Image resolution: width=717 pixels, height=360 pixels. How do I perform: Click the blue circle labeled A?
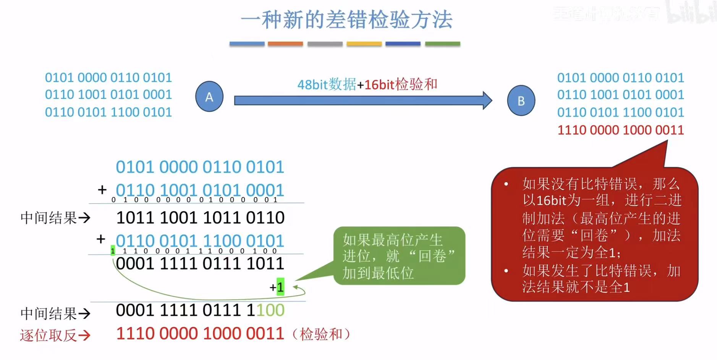[x=209, y=97]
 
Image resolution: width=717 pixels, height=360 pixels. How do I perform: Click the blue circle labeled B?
[x=521, y=101]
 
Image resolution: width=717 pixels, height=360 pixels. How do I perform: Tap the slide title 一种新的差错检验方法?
[x=346, y=20]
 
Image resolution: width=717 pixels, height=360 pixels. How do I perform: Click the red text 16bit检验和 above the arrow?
[x=401, y=84]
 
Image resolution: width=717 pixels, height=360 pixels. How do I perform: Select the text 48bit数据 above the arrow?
[x=327, y=84]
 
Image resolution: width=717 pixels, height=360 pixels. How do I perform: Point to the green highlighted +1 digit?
[x=280, y=287]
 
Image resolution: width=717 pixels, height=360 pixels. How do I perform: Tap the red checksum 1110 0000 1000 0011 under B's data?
[x=620, y=130]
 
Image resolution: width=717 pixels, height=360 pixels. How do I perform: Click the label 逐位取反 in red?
[x=49, y=336]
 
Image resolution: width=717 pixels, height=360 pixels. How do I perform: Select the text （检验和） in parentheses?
[x=321, y=334]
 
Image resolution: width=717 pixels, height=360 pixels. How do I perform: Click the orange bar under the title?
[x=285, y=44]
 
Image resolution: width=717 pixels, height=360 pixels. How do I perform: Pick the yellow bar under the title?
[x=364, y=44]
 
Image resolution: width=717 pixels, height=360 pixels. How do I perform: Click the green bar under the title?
[x=442, y=44]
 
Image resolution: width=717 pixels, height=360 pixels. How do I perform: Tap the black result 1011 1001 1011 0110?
[x=200, y=218]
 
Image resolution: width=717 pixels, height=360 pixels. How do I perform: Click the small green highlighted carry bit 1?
[x=113, y=250]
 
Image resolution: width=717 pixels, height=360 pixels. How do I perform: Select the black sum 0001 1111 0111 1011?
[x=200, y=263]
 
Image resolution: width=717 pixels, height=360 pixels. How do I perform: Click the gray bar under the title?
[x=325, y=44]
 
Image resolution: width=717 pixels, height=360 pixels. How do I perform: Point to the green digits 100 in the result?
[x=270, y=310]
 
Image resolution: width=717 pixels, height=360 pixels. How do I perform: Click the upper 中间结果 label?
[x=49, y=218]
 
